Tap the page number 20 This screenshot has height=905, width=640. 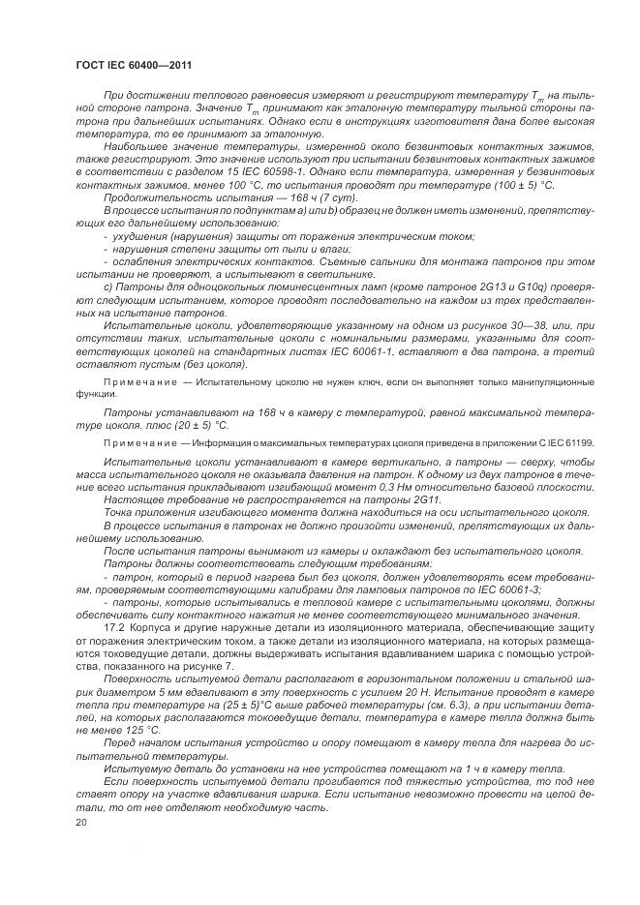[x=80, y=821]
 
